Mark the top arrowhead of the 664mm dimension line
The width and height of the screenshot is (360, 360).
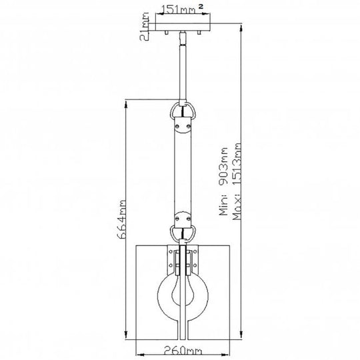click(126, 102)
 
